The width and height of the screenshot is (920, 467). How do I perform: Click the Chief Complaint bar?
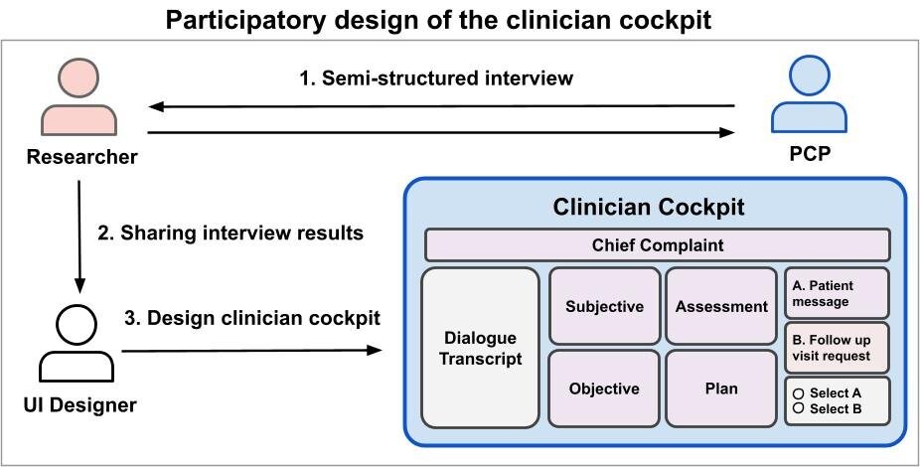pyautogui.click(x=657, y=244)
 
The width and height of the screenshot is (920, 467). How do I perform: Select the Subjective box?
pyautogui.click(x=604, y=306)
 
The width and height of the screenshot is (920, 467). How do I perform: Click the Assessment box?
pyautogui.click(x=721, y=306)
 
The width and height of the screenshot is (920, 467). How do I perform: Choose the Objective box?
pyautogui.click(x=604, y=388)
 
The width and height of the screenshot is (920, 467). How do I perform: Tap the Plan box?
pyautogui.click(x=721, y=388)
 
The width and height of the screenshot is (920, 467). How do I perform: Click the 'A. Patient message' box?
pyautogui.click(x=837, y=292)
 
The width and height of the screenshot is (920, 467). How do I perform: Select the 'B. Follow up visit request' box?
pyautogui.click(x=837, y=347)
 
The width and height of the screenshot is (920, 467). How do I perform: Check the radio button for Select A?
pyautogui.click(x=798, y=393)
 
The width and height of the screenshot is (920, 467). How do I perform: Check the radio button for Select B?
pyautogui.click(x=798, y=408)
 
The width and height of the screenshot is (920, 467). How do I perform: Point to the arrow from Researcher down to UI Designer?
pyautogui.click(x=79, y=233)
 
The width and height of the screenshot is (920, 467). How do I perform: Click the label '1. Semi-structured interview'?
pyautogui.click(x=437, y=77)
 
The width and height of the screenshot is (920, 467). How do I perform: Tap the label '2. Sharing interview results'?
pyautogui.click(x=230, y=234)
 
